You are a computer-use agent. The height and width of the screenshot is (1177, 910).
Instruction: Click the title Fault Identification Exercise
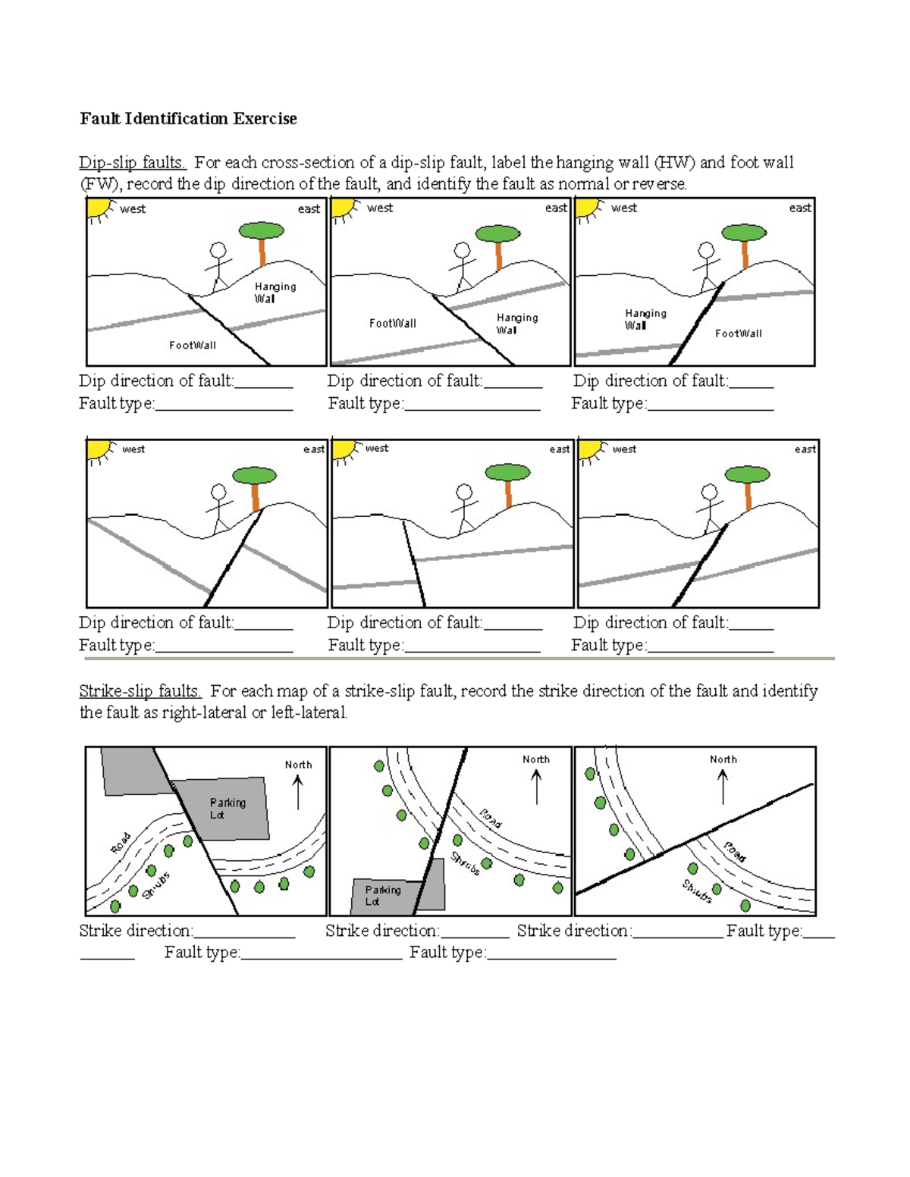point(188,119)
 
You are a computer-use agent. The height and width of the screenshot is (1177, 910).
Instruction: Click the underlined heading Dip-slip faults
point(133,163)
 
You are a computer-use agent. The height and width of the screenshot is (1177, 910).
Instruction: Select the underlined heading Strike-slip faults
point(140,691)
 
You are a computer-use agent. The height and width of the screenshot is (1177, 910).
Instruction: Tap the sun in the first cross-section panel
point(99,208)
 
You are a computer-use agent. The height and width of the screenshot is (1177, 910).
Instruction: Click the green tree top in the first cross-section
point(262,230)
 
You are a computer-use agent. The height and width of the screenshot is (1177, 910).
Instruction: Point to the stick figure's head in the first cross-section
point(218,250)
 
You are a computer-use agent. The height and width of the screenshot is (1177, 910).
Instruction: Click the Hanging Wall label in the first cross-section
point(275,293)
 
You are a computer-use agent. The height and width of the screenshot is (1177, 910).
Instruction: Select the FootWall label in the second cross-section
point(392,324)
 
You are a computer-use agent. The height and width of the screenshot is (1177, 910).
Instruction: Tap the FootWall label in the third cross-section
point(738,333)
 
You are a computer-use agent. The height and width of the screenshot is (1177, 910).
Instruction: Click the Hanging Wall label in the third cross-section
point(645,319)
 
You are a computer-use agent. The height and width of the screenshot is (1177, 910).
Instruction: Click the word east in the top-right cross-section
point(800,208)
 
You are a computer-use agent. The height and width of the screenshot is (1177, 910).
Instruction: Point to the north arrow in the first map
point(298,792)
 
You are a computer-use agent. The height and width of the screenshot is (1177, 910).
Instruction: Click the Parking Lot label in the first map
point(227,809)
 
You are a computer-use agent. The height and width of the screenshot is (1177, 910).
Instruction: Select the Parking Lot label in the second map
point(382,895)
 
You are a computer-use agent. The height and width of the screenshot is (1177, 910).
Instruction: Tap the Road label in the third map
point(734,852)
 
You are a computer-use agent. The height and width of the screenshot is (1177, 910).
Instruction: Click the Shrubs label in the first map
point(156,886)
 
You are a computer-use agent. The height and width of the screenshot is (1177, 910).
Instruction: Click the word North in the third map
point(723,759)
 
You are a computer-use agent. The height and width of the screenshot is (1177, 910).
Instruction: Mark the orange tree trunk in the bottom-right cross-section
point(748,496)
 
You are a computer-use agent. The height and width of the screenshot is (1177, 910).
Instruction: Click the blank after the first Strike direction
point(244,931)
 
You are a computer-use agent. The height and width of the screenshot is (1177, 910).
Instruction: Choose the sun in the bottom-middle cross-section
point(344,449)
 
